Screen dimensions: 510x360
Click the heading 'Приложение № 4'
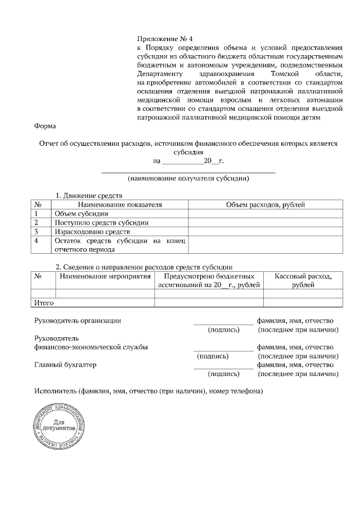165,39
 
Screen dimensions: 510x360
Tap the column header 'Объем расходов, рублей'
265,205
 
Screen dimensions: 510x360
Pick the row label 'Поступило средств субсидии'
101,223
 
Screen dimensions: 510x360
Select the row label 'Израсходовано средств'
92,231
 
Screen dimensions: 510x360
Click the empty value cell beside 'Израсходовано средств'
265,231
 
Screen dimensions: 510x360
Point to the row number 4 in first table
37,240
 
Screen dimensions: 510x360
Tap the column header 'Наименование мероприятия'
105,276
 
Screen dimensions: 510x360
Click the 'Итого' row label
44,303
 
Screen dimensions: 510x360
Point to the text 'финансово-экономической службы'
91,347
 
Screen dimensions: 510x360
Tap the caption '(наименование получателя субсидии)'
188,178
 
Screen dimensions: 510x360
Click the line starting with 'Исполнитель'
148,391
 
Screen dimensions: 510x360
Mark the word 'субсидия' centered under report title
188,152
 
